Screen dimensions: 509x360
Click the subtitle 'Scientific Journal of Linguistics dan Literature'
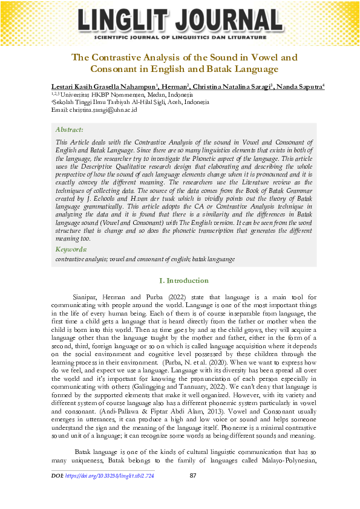[180, 37]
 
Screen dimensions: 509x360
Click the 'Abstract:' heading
[69, 129]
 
